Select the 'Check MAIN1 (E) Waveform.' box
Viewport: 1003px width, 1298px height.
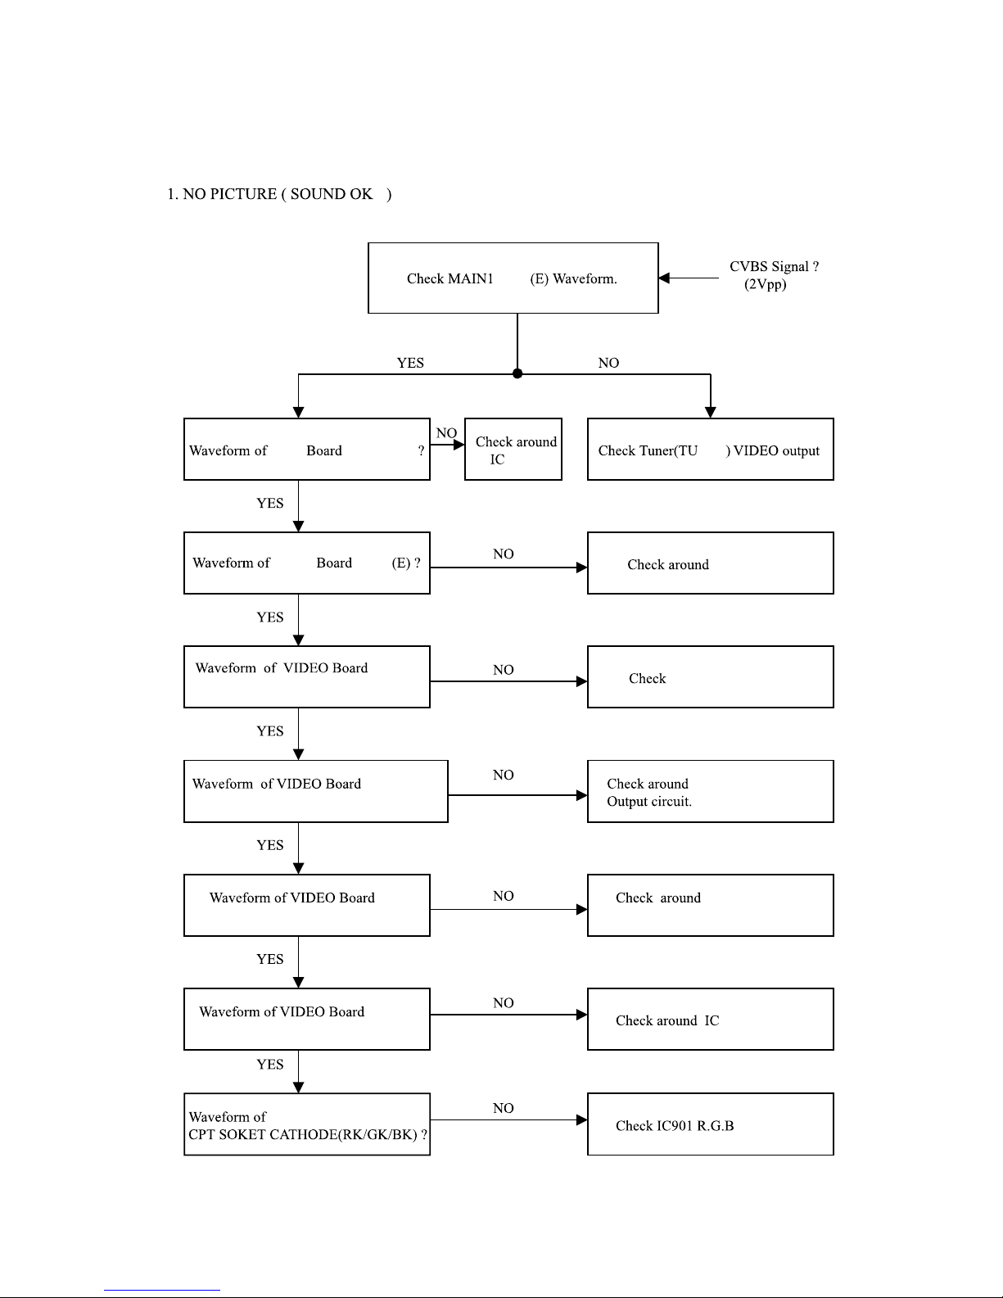coord(513,278)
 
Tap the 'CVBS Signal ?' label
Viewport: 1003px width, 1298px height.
coord(774,266)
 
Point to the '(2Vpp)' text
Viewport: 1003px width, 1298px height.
coord(765,284)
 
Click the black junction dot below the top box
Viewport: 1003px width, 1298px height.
coord(517,374)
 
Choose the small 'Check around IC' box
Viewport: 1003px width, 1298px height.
coord(513,450)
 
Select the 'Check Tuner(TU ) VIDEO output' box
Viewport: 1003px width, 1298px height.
coord(711,450)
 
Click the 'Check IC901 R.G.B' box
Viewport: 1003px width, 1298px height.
coord(711,1124)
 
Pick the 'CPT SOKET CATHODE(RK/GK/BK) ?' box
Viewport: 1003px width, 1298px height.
coord(307,1124)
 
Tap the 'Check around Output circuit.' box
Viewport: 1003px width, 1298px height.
coord(711,791)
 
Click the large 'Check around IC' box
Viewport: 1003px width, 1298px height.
coord(711,1019)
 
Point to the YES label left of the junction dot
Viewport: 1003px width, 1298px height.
coord(410,363)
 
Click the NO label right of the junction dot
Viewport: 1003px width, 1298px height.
coord(608,363)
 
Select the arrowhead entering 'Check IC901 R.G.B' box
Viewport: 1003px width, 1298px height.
coord(582,1120)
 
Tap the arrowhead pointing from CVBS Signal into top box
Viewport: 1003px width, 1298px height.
coord(664,278)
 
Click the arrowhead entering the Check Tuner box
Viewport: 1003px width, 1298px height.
coord(711,413)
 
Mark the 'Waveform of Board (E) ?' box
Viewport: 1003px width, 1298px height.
coord(307,563)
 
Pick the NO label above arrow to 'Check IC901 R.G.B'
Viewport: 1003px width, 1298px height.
coord(504,1109)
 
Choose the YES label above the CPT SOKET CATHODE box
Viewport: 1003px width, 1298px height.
coord(270,1065)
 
